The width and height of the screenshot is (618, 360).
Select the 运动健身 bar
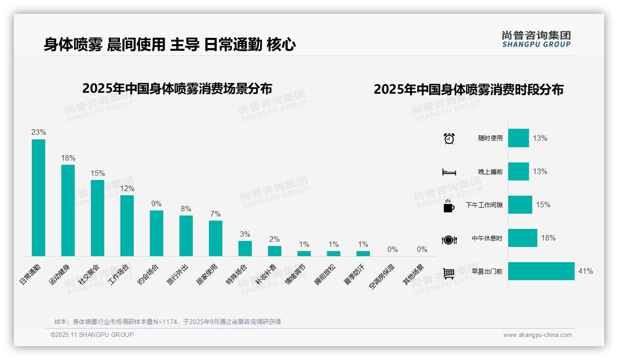(x=68, y=210)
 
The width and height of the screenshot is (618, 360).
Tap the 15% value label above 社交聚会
(x=98, y=174)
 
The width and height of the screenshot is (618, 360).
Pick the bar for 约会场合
(x=156, y=233)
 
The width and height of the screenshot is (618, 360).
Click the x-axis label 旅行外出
(x=178, y=275)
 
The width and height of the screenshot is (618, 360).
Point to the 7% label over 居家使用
(x=215, y=214)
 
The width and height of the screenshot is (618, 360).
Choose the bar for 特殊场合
(x=245, y=248)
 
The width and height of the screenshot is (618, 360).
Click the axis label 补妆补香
(x=266, y=275)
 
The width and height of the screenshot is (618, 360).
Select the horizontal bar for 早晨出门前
(x=541, y=271)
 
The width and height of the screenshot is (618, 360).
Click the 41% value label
(x=585, y=271)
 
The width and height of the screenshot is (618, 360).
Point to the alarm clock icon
(x=449, y=138)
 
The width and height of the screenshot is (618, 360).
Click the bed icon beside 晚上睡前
(x=449, y=172)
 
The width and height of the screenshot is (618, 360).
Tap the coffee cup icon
(x=449, y=206)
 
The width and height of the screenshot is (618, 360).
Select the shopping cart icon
(x=449, y=273)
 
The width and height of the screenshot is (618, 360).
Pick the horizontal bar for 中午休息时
(x=523, y=238)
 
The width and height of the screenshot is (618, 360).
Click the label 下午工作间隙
(x=484, y=205)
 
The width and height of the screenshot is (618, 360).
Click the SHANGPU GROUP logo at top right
(x=536, y=39)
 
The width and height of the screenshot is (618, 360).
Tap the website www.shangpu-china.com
(x=537, y=335)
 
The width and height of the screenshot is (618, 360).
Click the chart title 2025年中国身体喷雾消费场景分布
(x=177, y=89)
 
